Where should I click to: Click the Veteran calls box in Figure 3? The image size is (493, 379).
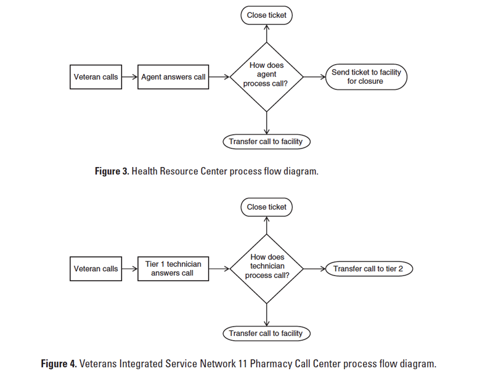pyautogui.click(x=96, y=77)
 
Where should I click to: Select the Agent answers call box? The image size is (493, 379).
pyautogui.click(x=173, y=77)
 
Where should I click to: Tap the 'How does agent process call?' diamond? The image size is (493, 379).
pyautogui.click(x=266, y=77)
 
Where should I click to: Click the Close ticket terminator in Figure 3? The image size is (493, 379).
pyautogui.click(x=266, y=15)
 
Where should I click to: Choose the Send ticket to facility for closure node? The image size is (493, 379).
pyautogui.click(x=365, y=77)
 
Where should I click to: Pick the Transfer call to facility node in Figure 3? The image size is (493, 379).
pyautogui.click(x=266, y=142)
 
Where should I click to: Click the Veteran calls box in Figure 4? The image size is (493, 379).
pyautogui.click(x=96, y=269)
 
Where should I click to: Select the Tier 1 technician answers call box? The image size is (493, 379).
pyautogui.click(x=173, y=269)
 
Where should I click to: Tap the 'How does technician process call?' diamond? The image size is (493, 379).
pyautogui.click(x=266, y=269)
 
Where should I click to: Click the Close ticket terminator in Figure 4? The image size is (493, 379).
pyautogui.click(x=266, y=207)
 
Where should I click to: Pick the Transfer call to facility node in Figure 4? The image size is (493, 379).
pyautogui.click(x=266, y=333)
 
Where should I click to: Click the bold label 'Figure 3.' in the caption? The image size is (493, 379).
pyautogui.click(x=112, y=171)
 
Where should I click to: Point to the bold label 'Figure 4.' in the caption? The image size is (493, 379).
pyautogui.click(x=59, y=364)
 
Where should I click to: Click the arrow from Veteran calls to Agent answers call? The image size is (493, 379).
pyautogui.click(x=129, y=77)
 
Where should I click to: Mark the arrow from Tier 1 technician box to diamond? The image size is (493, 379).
pyautogui.click(x=219, y=269)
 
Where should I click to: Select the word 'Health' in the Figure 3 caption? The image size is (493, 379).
pyautogui.click(x=145, y=171)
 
